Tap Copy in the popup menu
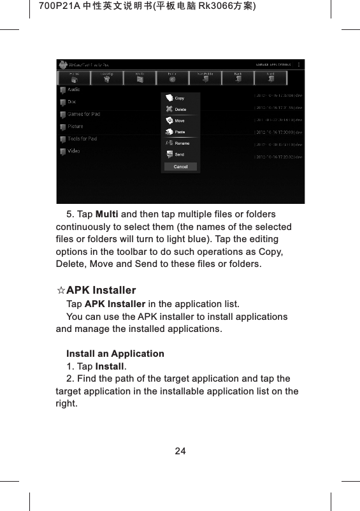[179, 98]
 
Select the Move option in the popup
[179, 120]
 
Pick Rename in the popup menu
[182, 143]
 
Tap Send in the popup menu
[179, 154]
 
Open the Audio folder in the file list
[73, 90]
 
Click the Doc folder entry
[72, 102]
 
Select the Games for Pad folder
[83, 114]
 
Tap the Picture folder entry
[75, 126]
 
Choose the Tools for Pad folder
[82, 139]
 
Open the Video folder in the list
[74, 151]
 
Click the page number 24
[180, 451]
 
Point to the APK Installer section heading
[101, 291]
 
